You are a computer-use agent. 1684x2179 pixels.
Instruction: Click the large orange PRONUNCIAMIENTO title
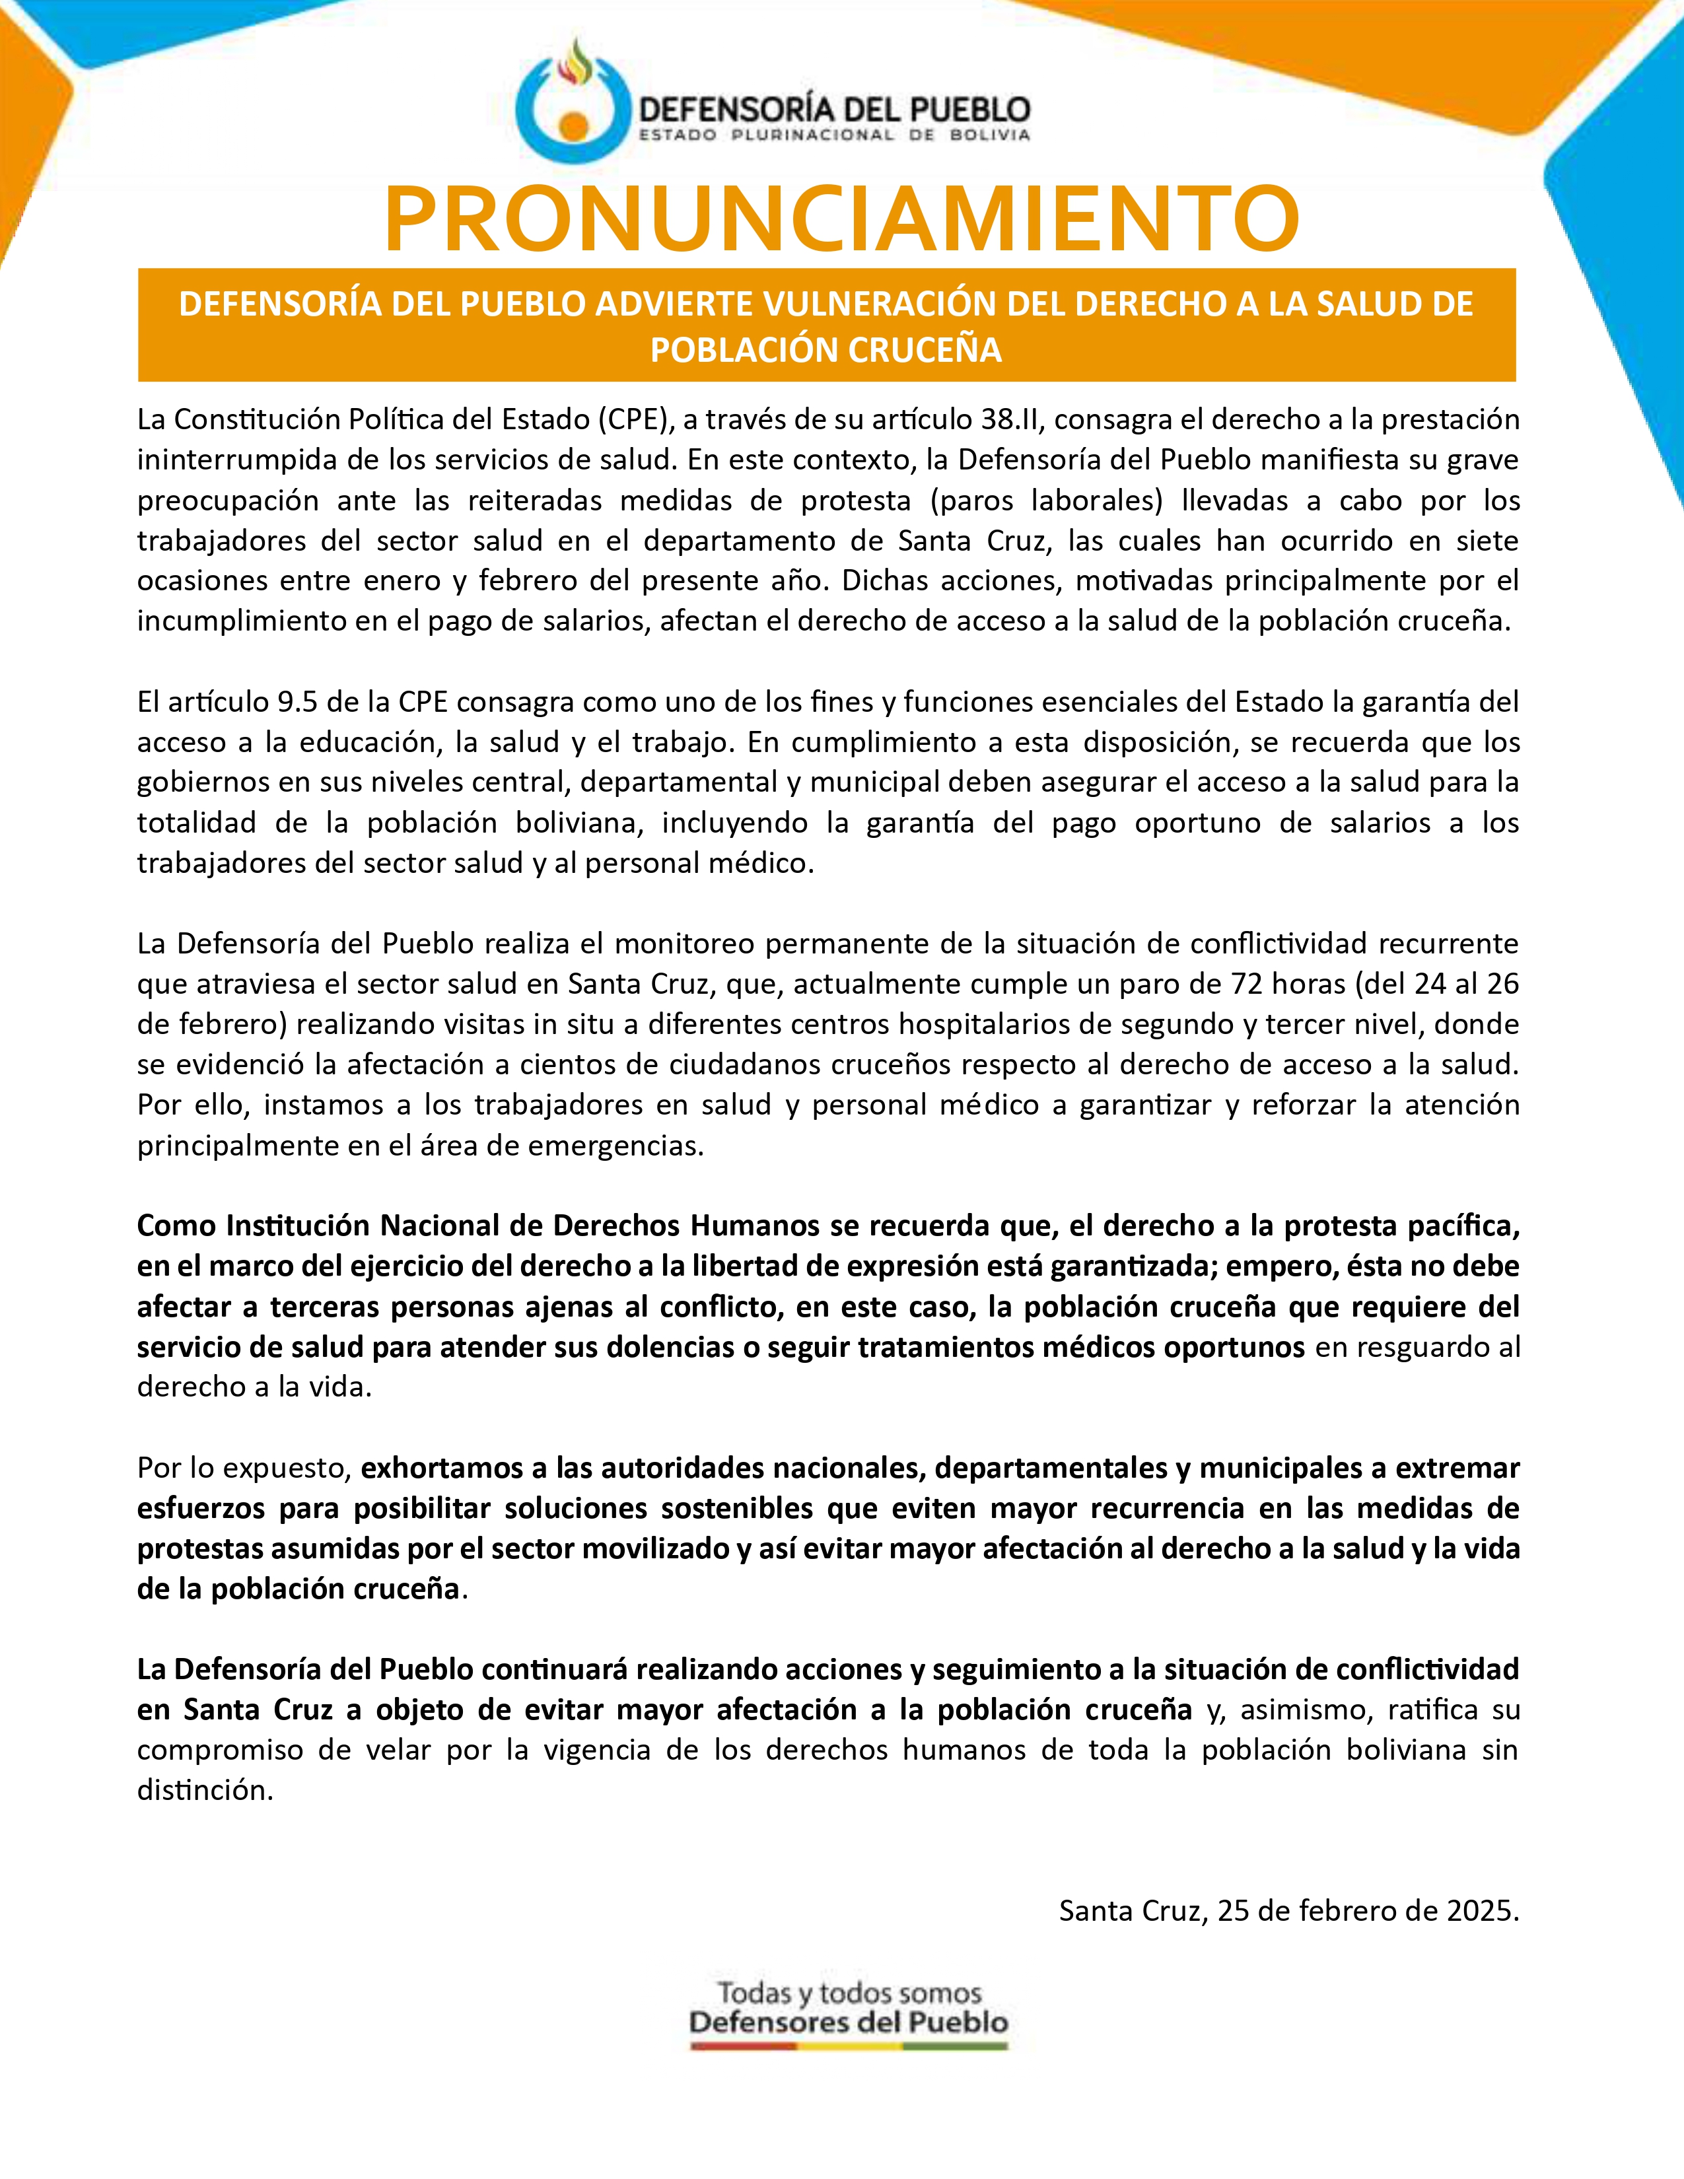[841, 219]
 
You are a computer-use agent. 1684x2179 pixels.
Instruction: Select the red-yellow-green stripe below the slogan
[849, 2046]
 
